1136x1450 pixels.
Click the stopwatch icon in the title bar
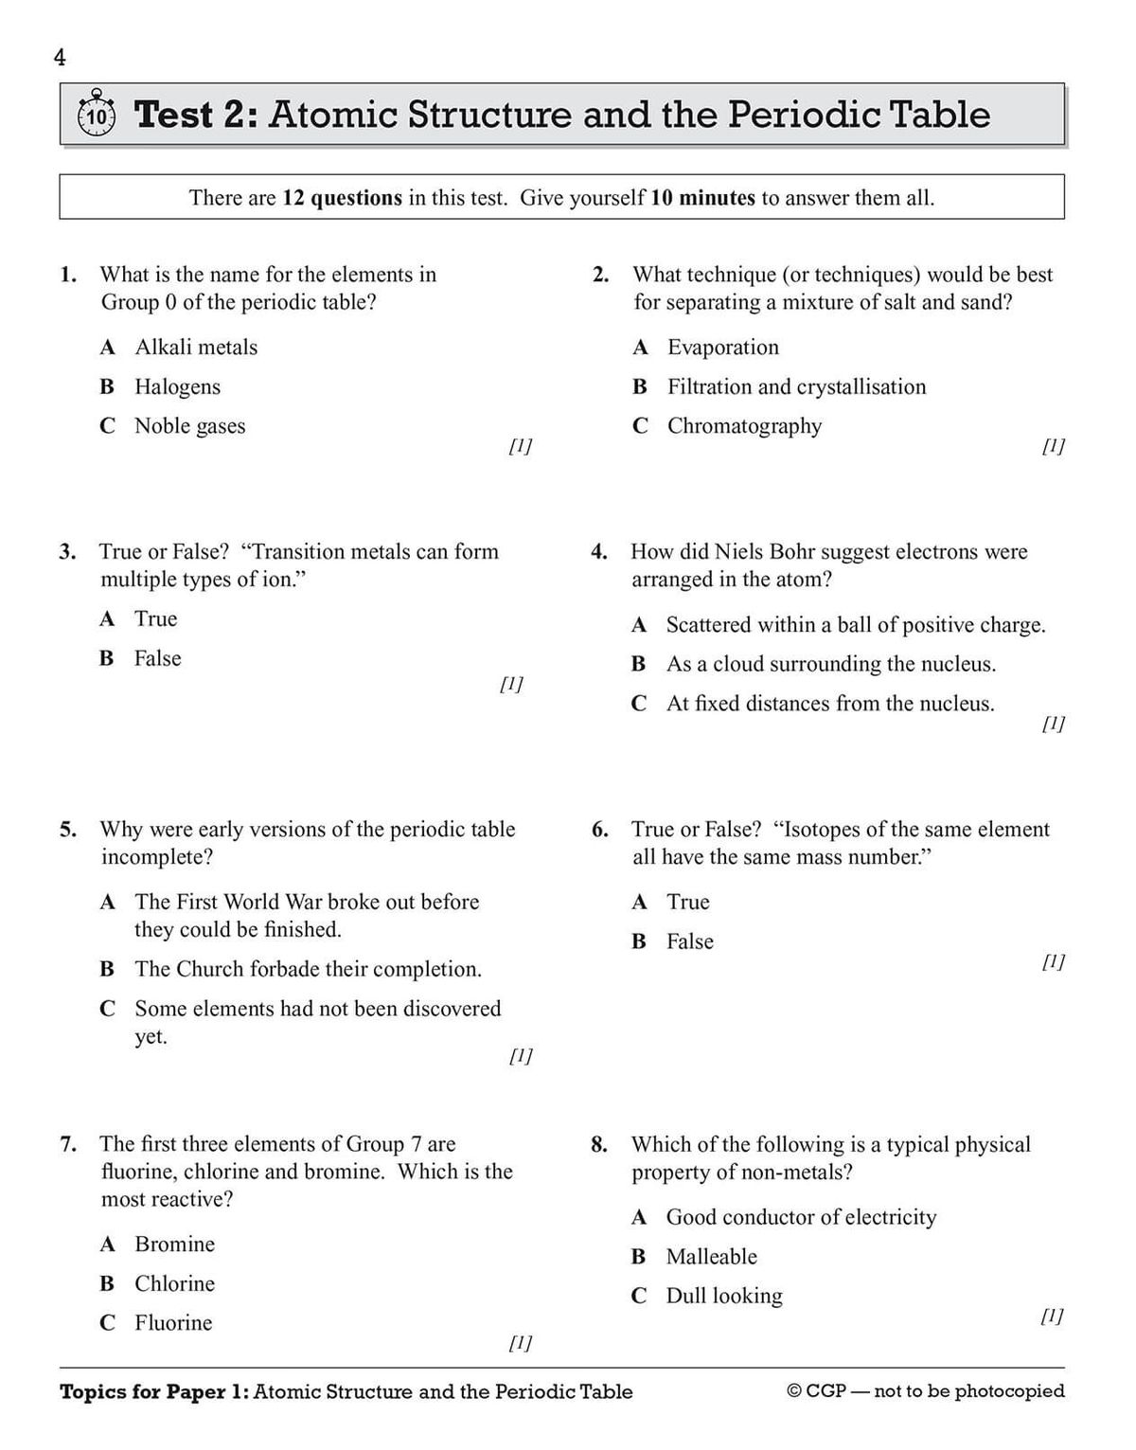(96, 115)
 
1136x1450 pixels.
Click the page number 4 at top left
(60, 58)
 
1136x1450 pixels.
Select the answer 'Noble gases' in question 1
(189, 426)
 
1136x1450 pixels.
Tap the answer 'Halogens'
(177, 386)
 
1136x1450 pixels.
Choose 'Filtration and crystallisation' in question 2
(796, 386)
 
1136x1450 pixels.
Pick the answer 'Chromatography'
(744, 426)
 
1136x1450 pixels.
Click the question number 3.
(67, 552)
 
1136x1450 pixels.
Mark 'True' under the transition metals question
(155, 619)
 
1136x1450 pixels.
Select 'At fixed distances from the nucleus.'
(829, 704)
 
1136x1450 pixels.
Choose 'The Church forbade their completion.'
(308, 969)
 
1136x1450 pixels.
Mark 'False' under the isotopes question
(689, 941)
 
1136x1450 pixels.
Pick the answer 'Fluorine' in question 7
(173, 1323)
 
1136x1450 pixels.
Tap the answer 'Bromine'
(174, 1244)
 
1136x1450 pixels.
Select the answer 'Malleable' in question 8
(711, 1257)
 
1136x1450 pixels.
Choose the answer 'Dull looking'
(724, 1296)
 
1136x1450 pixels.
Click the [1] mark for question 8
(1051, 1316)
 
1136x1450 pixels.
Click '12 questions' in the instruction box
(342, 198)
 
